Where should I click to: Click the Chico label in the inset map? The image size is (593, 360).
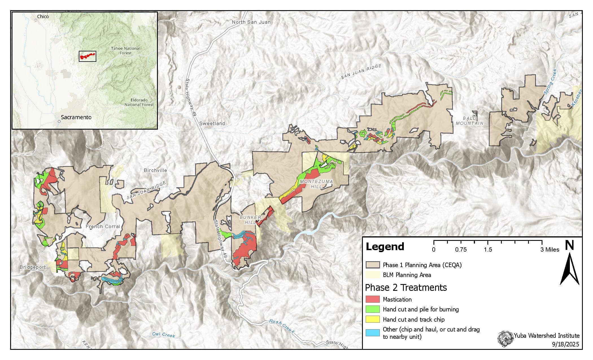click(x=43, y=17)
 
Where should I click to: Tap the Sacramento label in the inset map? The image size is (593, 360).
click(x=76, y=117)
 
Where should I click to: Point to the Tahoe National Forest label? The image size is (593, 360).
click(x=125, y=51)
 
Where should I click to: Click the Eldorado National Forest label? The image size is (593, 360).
click(x=139, y=102)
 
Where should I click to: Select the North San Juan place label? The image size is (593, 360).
click(x=251, y=22)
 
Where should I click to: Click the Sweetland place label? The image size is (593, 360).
click(x=212, y=123)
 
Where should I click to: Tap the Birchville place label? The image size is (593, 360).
click(x=155, y=170)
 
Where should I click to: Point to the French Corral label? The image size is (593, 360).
click(x=103, y=226)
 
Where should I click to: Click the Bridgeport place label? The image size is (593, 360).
click(x=32, y=267)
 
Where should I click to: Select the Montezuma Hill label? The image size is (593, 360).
click(x=316, y=184)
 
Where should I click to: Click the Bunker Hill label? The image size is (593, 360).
click(x=250, y=220)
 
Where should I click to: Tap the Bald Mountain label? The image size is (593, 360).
click(x=470, y=121)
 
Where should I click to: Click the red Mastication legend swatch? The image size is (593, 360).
click(x=372, y=299)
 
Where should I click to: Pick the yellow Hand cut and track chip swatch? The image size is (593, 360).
click(x=372, y=319)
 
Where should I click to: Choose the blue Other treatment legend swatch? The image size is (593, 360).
click(x=372, y=332)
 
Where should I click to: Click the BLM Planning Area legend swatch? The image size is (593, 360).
click(x=372, y=275)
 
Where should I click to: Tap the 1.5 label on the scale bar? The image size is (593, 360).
click(x=488, y=249)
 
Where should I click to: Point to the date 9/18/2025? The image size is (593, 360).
click(x=565, y=344)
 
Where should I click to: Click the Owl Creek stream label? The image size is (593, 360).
click(x=163, y=335)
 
